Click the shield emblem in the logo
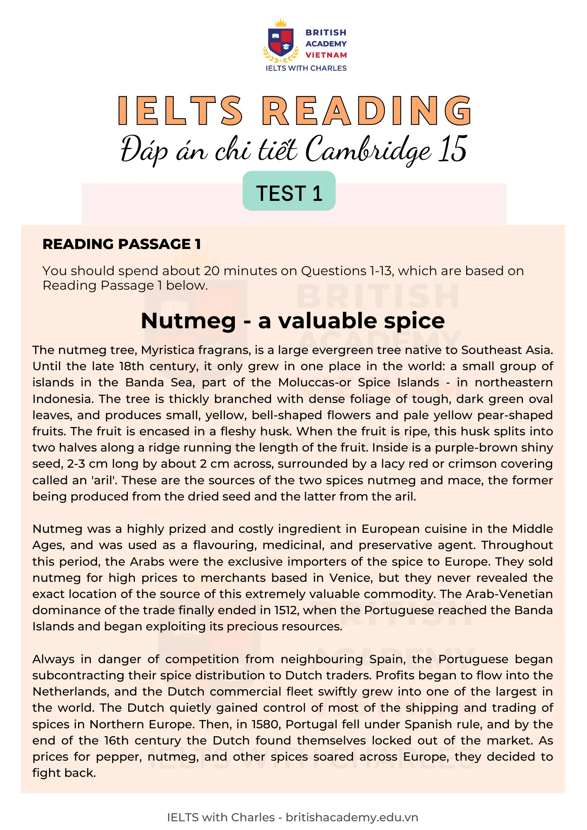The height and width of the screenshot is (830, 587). [x=281, y=42]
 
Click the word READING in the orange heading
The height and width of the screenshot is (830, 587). [x=367, y=111]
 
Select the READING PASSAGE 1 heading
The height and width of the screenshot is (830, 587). [x=122, y=244]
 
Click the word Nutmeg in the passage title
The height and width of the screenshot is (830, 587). [x=188, y=321]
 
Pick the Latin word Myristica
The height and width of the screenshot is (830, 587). [x=168, y=350]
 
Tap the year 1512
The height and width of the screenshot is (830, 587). [x=286, y=610]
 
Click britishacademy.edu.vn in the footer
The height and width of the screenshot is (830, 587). [x=352, y=817]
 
